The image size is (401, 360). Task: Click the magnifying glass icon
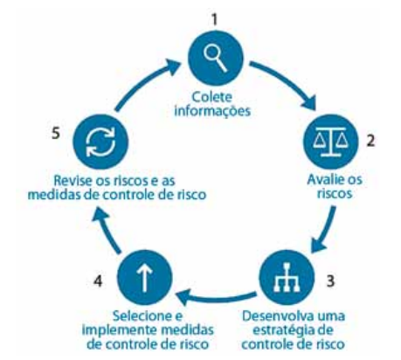[215, 59]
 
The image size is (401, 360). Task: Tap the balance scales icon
[331, 142]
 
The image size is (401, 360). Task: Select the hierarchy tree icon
[287, 277]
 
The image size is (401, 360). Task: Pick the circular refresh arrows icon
[100, 142]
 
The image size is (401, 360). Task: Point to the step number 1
[215, 20]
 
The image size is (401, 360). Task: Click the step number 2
[370, 141]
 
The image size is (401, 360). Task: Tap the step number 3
[330, 281]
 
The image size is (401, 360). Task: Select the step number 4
[98, 281]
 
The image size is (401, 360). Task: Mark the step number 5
[56, 134]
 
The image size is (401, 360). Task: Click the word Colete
[212, 97]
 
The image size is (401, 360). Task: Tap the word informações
[212, 111]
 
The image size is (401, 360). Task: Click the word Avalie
[323, 179]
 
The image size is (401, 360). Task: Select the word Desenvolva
[274, 316]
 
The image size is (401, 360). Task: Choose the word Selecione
[143, 316]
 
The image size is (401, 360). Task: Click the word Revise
[73, 181]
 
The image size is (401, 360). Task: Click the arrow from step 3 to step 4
[216, 297]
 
